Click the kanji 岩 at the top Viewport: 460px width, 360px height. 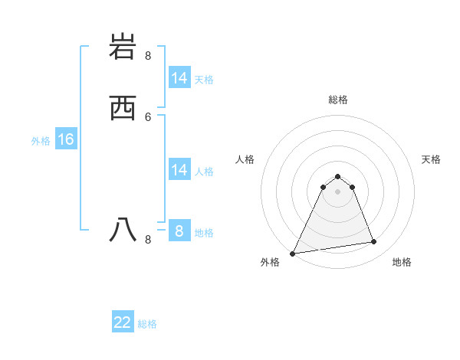[123, 47]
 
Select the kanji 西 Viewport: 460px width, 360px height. [123, 108]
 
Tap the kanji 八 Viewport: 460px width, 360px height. [123, 229]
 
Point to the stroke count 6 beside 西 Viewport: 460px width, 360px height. [148, 116]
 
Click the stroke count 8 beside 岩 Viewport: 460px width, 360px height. [148, 56]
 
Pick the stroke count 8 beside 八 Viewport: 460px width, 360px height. [148, 239]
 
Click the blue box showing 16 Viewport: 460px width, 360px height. [66, 139]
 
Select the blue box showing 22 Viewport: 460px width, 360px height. [123, 322]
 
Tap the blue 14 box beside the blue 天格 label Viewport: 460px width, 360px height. [179, 78]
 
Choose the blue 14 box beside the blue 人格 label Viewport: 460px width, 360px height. [179, 170]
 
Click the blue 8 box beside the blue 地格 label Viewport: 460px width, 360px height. [179, 231]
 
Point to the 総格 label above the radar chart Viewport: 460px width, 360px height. [337, 100]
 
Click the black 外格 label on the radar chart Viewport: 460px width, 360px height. [270, 263]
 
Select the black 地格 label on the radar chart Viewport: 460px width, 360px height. [402, 263]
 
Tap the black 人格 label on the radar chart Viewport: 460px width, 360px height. [245, 159]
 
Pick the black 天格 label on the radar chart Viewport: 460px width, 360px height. [431, 159]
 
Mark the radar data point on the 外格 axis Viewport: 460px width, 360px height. [293, 254]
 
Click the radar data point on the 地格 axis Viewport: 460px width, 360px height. [374, 242]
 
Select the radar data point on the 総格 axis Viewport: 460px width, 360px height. [337, 177]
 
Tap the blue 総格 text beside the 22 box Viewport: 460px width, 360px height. [147, 324]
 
